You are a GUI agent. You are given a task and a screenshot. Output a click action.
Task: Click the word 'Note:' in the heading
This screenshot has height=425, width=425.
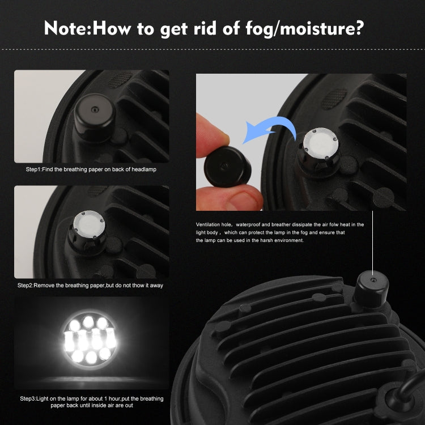[68, 28]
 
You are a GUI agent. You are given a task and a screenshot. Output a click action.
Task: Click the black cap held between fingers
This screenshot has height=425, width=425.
[227, 167]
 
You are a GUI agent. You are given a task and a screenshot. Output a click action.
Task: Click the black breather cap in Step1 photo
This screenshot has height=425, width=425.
[95, 117]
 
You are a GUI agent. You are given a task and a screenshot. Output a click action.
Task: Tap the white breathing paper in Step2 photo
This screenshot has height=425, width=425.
[89, 224]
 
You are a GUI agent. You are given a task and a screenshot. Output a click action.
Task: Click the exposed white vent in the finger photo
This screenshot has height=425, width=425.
[321, 143]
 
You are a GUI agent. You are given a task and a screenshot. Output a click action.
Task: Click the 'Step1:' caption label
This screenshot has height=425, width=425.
[33, 169]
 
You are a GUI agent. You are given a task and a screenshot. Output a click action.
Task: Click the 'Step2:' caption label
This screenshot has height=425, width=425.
[25, 286]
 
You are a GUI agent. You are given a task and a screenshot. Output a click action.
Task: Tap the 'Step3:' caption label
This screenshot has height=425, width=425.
[28, 399]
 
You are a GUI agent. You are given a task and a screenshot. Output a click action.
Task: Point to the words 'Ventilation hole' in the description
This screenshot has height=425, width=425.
[214, 224]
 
